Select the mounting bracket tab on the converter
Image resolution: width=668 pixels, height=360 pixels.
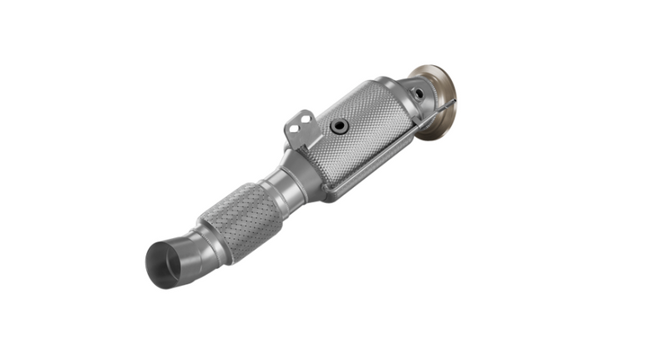click(298, 129)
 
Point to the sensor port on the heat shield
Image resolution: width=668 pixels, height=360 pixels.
click(338, 126)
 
